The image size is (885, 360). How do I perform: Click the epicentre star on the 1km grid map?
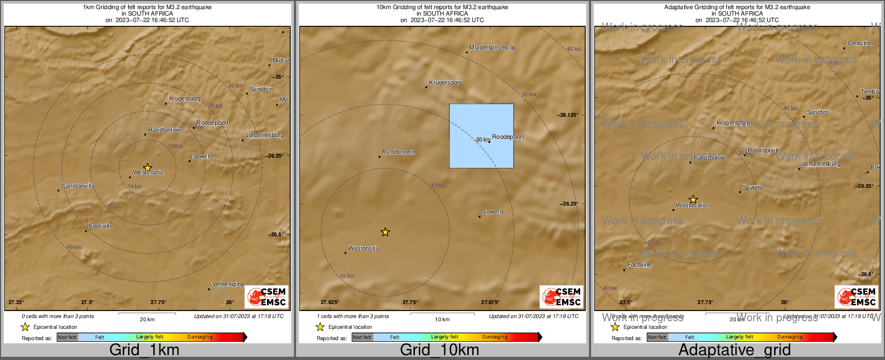pyautogui.click(x=147, y=167)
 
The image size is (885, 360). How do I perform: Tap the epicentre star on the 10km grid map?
pyautogui.click(x=385, y=232)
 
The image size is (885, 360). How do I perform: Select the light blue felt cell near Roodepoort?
pyautogui.click(x=481, y=136)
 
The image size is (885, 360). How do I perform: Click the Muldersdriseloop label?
pyautogui.click(x=492, y=48)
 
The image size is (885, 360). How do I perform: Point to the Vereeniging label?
pyautogui.click(x=228, y=284)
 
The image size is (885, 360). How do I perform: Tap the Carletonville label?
pyautogui.click(x=78, y=186)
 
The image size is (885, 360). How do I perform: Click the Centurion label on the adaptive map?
pyautogui.click(x=860, y=44)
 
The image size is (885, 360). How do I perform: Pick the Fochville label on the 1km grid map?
pyautogui.click(x=101, y=227)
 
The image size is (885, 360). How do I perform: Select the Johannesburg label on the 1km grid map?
pyautogui.click(x=264, y=136)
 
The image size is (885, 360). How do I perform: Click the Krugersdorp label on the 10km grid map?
pyautogui.click(x=445, y=83)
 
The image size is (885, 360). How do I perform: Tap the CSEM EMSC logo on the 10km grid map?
pyautogui.click(x=561, y=297)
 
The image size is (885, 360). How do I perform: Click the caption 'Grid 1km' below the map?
pyautogui.click(x=144, y=350)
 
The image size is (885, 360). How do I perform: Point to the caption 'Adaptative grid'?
pyautogui.click(x=734, y=350)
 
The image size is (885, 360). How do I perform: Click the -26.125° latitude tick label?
pyautogui.click(x=568, y=115)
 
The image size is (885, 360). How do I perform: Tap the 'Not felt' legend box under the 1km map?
pyautogui.click(x=67, y=337)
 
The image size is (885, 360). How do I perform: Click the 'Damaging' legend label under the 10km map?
pyautogui.click(x=494, y=337)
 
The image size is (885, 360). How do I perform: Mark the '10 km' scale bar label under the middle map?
pyautogui.click(x=442, y=320)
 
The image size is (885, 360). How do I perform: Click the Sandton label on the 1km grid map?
pyautogui.click(x=261, y=89)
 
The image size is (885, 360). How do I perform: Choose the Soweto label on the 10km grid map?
pyautogui.click(x=492, y=212)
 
